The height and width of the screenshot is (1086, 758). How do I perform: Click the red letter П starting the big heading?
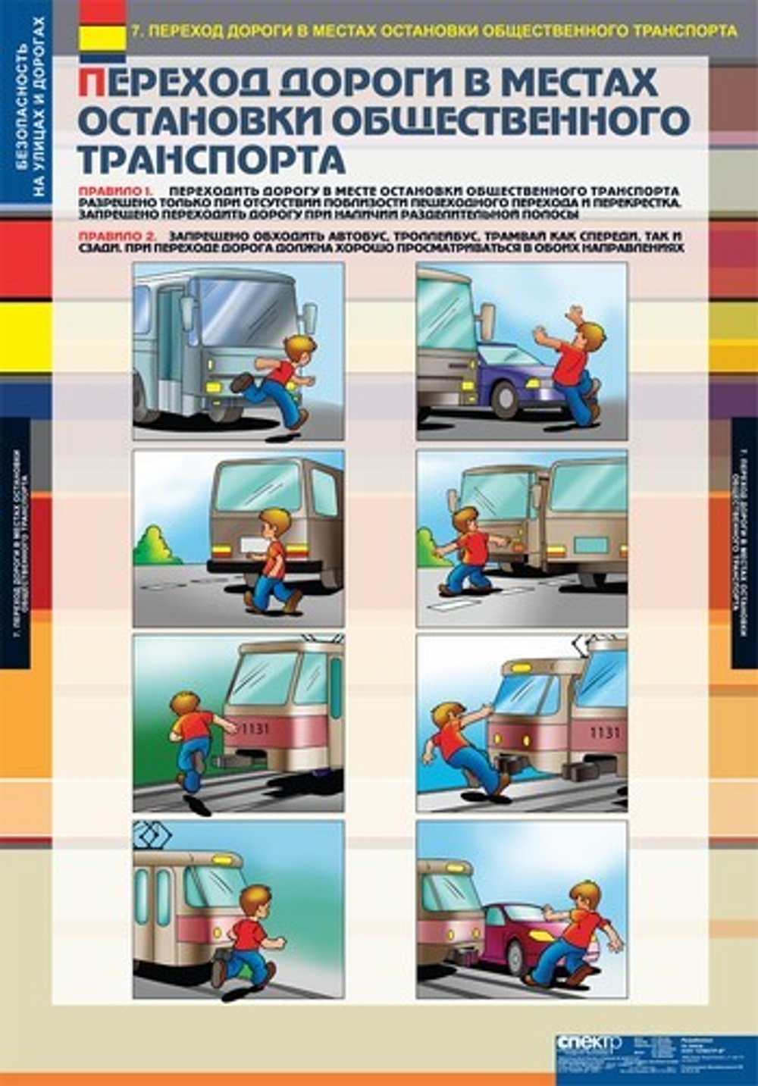pos(91,83)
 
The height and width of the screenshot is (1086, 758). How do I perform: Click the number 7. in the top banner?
pos(136,31)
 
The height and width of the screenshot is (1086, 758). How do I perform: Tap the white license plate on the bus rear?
pos(252,543)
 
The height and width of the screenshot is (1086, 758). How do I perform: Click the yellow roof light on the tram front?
pos(521,668)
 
